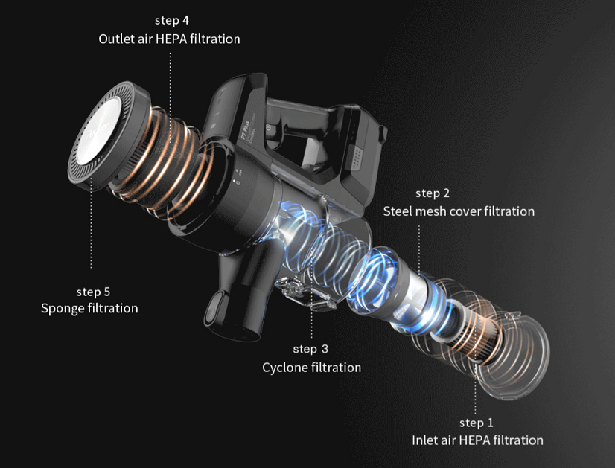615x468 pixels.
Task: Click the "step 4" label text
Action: (x=171, y=20)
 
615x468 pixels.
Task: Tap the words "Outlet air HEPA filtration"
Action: (x=169, y=39)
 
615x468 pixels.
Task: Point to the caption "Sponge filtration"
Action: (x=89, y=308)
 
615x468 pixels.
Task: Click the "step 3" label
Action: (x=310, y=349)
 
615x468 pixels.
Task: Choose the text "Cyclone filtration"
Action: (x=311, y=368)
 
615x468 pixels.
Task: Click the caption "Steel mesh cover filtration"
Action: (x=459, y=211)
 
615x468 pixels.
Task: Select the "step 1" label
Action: (x=477, y=423)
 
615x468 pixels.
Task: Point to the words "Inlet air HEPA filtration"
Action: (x=477, y=440)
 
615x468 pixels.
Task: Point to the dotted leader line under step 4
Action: (x=171, y=82)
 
